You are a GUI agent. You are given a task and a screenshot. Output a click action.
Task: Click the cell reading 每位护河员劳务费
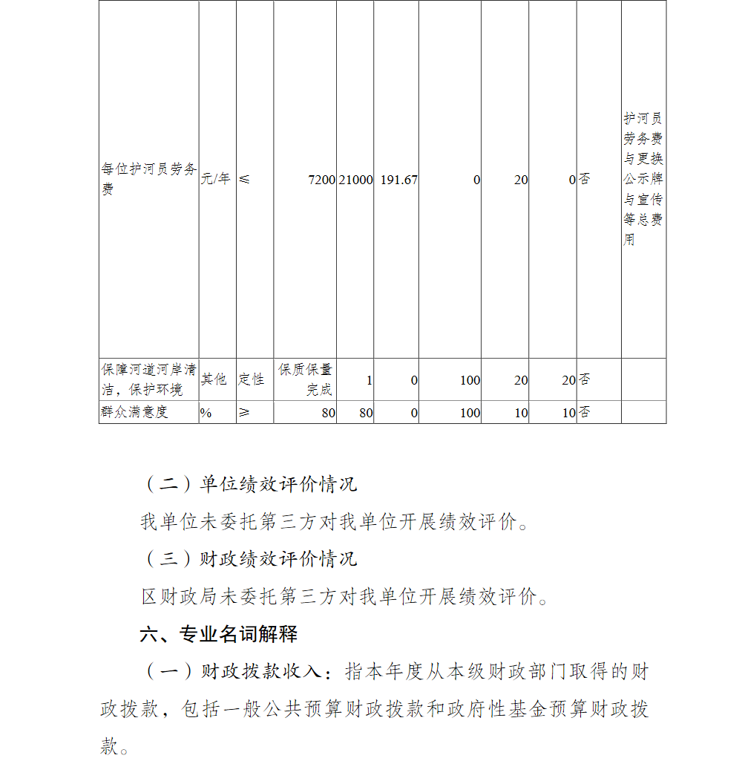[x=148, y=179]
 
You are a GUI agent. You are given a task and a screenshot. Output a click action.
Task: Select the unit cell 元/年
[x=217, y=179]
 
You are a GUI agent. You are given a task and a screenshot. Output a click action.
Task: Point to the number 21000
[x=355, y=180]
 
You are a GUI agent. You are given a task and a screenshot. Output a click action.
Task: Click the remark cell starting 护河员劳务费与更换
[x=643, y=179]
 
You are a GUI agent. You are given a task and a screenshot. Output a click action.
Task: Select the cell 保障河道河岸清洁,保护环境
[x=148, y=379]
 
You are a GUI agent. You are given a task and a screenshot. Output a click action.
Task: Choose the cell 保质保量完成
[x=305, y=379]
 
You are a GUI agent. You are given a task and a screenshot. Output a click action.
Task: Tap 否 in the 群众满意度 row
[x=585, y=413]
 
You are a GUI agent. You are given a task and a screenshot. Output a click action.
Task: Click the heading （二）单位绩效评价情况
[x=249, y=485]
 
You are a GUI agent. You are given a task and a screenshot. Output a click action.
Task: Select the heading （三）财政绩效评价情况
[x=249, y=558]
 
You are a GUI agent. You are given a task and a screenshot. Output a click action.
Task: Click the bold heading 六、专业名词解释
[x=219, y=634]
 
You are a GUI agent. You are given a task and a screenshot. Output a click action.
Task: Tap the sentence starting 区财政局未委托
[x=345, y=596]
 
